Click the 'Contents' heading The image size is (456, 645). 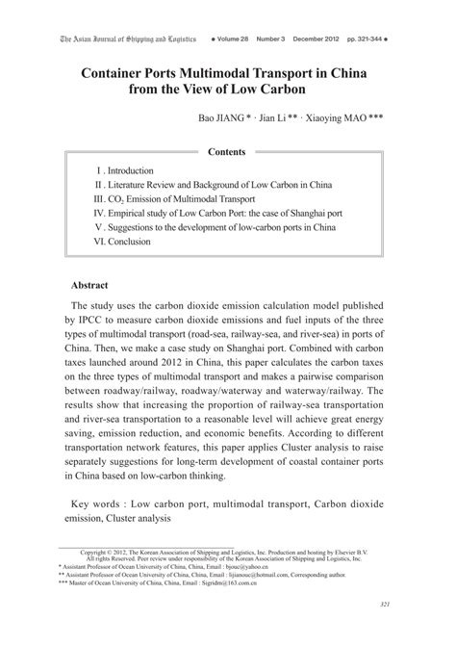click(227, 152)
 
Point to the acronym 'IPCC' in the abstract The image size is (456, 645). click(93, 315)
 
